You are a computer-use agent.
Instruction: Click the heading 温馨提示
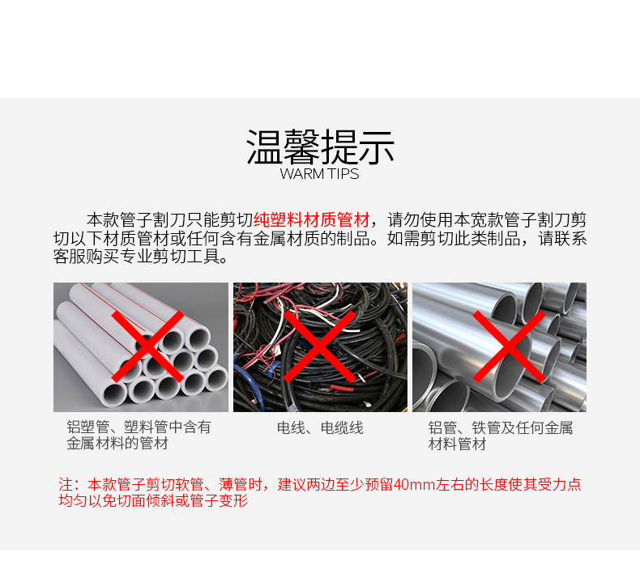pyautogui.click(x=321, y=147)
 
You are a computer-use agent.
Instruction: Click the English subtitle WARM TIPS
pyautogui.click(x=319, y=174)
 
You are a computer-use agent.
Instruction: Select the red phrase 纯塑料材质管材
pyautogui.click(x=312, y=220)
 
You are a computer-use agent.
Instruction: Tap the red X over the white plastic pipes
pyautogui.click(x=147, y=347)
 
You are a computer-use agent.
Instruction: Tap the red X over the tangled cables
pyautogui.click(x=319, y=347)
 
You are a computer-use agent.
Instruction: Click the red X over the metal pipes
pyautogui.click(x=509, y=347)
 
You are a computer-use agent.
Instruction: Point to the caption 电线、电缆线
pyautogui.click(x=320, y=428)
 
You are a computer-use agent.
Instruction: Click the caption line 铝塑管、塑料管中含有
pyautogui.click(x=139, y=427)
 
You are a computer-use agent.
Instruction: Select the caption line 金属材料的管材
pyautogui.click(x=117, y=443)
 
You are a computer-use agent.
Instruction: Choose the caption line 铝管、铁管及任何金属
pyautogui.click(x=501, y=428)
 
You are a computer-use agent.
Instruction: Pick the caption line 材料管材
pyautogui.click(x=457, y=444)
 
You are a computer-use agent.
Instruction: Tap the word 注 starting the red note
pyautogui.click(x=66, y=484)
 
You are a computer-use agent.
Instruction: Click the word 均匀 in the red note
pyautogui.click(x=73, y=500)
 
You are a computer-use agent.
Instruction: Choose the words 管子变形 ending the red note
pyautogui.click(x=220, y=500)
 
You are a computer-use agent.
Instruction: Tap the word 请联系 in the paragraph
pyautogui.click(x=562, y=239)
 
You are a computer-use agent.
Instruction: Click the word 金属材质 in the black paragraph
pyautogui.click(x=286, y=239)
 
